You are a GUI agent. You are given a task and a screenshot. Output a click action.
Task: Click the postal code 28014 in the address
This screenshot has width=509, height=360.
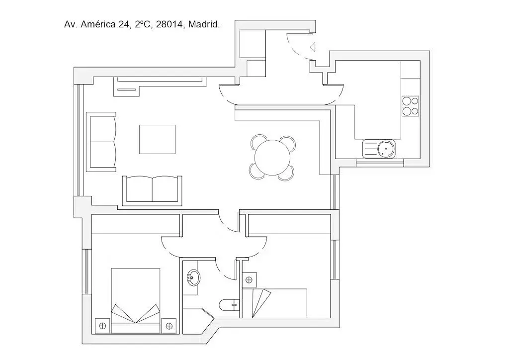coord(169,24)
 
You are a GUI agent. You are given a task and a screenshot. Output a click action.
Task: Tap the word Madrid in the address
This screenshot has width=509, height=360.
coord(204,24)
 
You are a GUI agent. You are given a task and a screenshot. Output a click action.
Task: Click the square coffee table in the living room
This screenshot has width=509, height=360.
coord(157,139)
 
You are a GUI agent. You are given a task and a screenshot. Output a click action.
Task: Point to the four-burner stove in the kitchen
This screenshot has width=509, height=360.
coord(410,106)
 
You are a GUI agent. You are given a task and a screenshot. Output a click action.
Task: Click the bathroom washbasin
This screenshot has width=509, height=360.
coord(193,277)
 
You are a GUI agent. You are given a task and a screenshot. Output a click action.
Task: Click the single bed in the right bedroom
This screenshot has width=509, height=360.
coord(274,303)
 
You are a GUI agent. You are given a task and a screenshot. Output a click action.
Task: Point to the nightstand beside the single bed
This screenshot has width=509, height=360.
coord(249,280)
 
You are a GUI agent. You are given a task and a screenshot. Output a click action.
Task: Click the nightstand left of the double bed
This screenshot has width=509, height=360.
coord(103,326)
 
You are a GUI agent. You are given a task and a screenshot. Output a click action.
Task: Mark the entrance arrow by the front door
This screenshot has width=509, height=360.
coord(313,47)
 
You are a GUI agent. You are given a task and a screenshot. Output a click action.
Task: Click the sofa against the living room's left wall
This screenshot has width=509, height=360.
coord(101,142)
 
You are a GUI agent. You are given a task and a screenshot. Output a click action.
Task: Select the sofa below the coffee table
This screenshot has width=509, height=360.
coord(152,190)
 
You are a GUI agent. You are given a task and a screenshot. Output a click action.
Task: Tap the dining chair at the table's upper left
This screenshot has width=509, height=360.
coord(259,143)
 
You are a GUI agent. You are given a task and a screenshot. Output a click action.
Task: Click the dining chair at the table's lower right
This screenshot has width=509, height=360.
coord(286,172)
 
